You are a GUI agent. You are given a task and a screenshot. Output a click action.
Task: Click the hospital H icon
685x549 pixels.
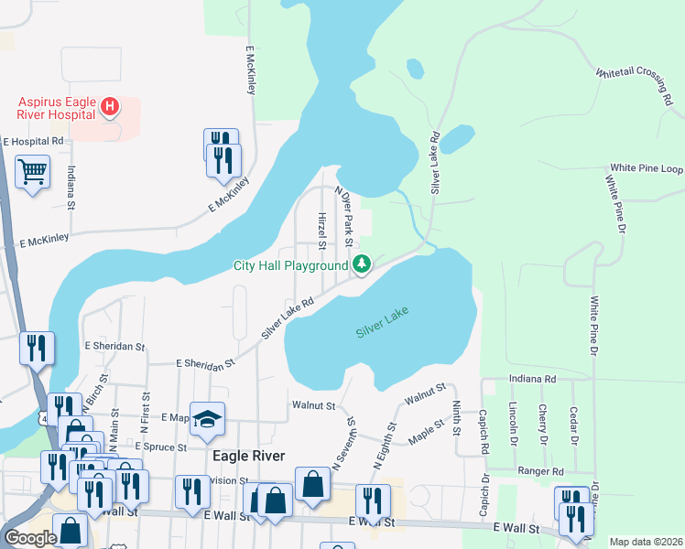pyautogui.click(x=109, y=107)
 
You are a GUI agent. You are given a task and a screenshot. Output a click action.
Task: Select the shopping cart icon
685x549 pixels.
pyautogui.click(x=33, y=170)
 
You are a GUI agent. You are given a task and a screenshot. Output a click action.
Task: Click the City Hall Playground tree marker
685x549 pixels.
pyautogui.click(x=363, y=265)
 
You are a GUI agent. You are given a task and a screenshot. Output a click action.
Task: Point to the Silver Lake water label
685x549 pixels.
pyautogui.click(x=382, y=322)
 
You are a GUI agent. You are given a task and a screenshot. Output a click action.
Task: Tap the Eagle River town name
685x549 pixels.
pyautogui.click(x=248, y=456)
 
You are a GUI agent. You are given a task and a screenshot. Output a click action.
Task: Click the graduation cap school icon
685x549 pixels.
pyautogui.click(x=207, y=420)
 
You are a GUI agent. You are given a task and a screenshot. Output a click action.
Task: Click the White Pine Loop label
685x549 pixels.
pyautogui.click(x=647, y=169)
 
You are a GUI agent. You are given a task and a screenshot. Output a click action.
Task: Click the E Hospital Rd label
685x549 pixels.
pyautogui.click(x=33, y=142)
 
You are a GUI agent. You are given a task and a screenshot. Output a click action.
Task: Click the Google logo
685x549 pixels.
pyautogui.click(x=30, y=538)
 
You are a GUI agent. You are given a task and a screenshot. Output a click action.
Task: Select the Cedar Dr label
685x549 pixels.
pyautogui.click(x=573, y=424)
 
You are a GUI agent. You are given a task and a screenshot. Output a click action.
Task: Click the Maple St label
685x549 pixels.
pyautogui.click(x=426, y=427)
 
